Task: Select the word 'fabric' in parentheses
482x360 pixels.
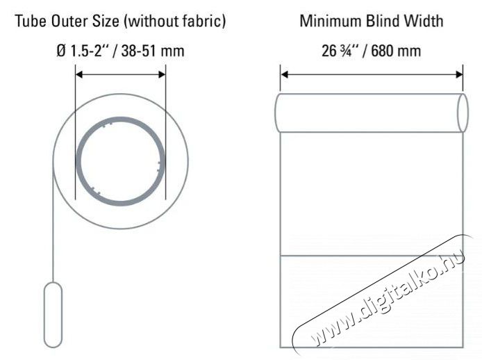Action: coord(202,22)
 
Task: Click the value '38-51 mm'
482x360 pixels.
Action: coord(155,51)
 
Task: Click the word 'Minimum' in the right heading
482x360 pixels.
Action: coord(328,22)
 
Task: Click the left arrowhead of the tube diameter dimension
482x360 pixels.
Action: coord(78,73)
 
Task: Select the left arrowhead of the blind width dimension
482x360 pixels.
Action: coord(284,73)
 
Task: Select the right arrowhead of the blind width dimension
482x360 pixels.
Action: coord(460,73)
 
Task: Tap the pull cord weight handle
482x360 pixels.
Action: coord(53,313)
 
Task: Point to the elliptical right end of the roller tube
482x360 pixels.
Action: coord(461,113)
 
